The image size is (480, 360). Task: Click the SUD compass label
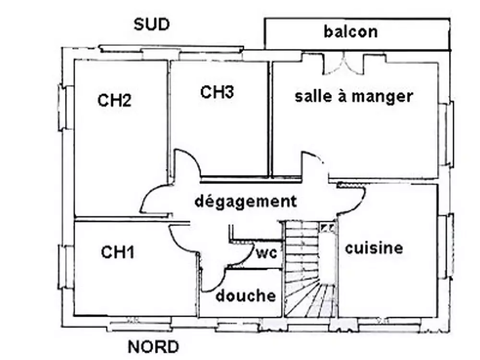[x=151, y=25]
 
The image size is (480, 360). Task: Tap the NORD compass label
[x=153, y=346]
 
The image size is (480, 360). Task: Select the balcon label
[x=350, y=32]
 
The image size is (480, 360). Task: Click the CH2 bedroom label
[x=114, y=101]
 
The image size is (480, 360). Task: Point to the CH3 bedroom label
[x=217, y=92]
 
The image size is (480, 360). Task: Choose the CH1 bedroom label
[x=118, y=252]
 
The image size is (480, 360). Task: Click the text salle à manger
[x=353, y=96]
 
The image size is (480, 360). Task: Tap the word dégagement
[x=245, y=201]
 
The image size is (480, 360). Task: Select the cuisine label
[x=374, y=248]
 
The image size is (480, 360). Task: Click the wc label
[x=266, y=253]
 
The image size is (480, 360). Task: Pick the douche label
[x=245, y=296]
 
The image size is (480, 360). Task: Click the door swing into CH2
[x=155, y=199]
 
